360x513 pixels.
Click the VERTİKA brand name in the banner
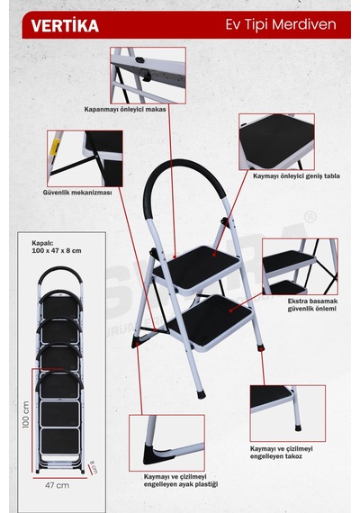pos(65,26)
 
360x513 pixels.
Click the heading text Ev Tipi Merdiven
pos(281,25)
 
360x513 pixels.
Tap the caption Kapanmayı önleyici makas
pos(125,109)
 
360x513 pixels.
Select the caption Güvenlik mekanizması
pos(77,193)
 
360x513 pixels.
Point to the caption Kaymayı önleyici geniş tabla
pos(296,176)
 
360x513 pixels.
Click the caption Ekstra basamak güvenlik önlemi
pos(312,305)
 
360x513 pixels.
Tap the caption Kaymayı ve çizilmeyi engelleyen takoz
pos(282,453)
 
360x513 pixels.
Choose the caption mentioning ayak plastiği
pos(181,481)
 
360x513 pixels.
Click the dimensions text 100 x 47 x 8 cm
pos(57,251)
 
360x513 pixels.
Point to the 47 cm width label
pos(57,485)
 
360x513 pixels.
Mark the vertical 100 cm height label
pos(26,415)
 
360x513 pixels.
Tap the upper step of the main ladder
pos(197,268)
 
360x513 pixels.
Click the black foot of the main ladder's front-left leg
pos(202,394)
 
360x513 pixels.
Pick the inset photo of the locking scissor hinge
pos(148,76)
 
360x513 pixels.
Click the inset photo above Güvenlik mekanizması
pos(85,158)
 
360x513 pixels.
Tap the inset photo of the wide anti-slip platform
pos(276,141)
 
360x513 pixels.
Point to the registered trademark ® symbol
pos(310,217)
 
